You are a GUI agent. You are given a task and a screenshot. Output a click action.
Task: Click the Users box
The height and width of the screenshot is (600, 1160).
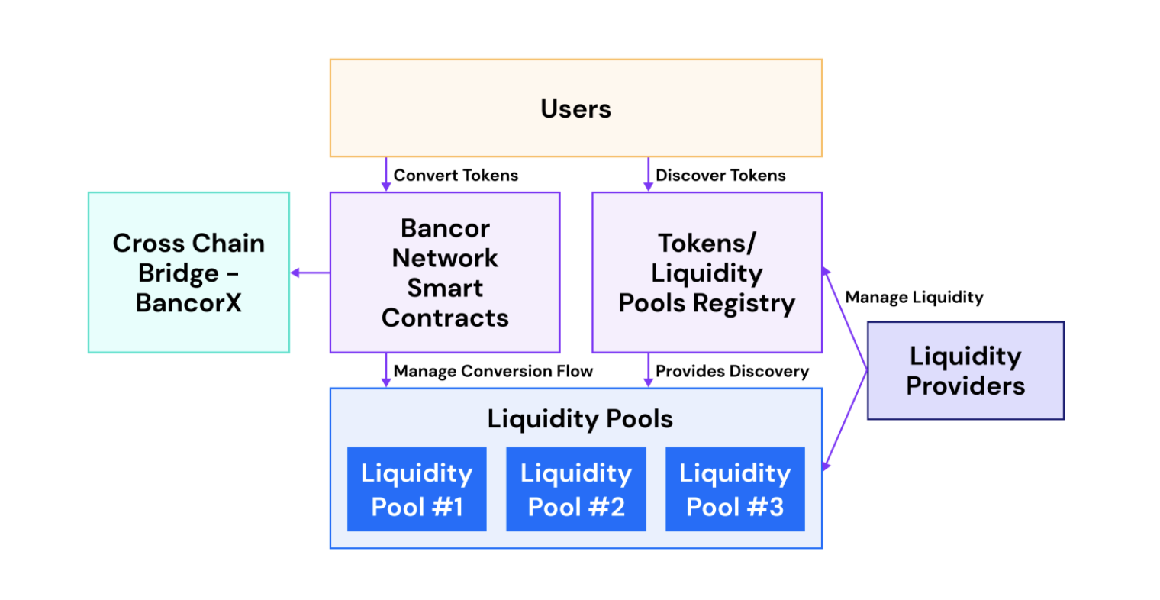pyautogui.click(x=575, y=108)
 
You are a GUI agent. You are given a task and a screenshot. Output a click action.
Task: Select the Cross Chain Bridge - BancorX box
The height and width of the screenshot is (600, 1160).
pyautogui.click(x=188, y=273)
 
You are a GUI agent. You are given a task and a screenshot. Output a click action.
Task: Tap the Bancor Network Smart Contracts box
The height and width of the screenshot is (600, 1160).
pyautogui.click(x=445, y=273)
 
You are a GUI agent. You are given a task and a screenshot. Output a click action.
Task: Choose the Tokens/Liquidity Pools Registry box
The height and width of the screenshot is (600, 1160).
pyautogui.click(x=707, y=273)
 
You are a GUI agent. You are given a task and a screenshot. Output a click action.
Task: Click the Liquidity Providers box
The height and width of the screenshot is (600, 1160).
pyautogui.click(x=965, y=370)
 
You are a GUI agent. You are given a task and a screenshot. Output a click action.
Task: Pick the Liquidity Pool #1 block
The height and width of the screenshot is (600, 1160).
pyautogui.click(x=417, y=489)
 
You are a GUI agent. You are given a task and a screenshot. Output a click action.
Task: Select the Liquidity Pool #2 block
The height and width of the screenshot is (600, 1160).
pyautogui.click(x=576, y=489)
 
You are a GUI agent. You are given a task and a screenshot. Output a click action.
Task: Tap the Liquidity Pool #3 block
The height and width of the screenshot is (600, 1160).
pyautogui.click(x=735, y=489)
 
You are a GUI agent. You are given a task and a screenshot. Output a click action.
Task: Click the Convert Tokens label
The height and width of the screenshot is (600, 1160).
pyautogui.click(x=456, y=176)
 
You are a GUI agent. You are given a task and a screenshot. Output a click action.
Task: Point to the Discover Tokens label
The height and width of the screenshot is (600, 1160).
pyautogui.click(x=720, y=176)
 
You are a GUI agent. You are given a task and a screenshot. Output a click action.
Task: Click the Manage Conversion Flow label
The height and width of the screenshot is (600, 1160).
pyautogui.click(x=493, y=372)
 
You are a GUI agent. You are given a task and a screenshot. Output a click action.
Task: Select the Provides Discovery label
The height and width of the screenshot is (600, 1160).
pyautogui.click(x=732, y=372)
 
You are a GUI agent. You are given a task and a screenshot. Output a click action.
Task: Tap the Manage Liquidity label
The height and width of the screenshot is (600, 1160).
pyautogui.click(x=914, y=298)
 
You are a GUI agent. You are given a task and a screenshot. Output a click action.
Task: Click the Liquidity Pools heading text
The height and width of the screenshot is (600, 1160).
pyautogui.click(x=580, y=419)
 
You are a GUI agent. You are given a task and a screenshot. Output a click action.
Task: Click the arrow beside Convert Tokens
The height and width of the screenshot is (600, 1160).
pyautogui.click(x=386, y=176)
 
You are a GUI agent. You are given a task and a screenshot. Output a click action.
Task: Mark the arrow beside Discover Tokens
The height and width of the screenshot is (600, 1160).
pyautogui.click(x=649, y=176)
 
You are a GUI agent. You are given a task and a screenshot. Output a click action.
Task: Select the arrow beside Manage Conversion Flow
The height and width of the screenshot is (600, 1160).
pyautogui.click(x=386, y=371)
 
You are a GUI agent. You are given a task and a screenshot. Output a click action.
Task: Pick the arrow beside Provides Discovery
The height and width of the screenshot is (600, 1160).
pyautogui.click(x=649, y=371)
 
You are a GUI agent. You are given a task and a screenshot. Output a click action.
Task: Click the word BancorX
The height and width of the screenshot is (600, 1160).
pyautogui.click(x=188, y=303)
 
